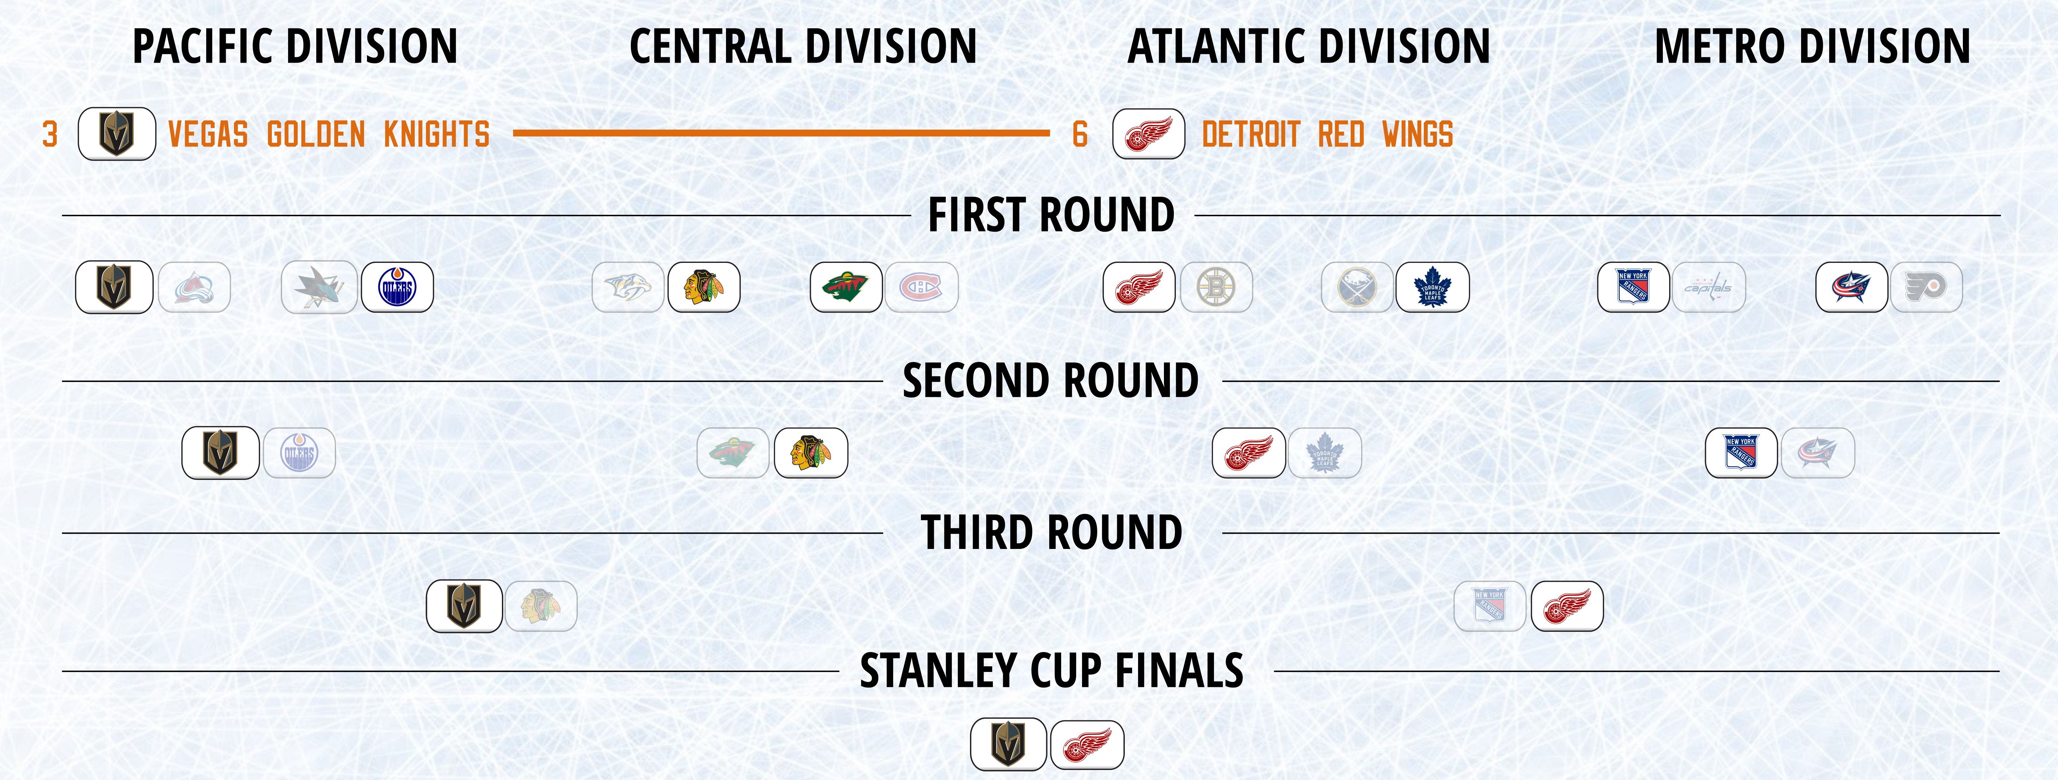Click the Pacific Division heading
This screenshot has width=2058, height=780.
[x=295, y=46]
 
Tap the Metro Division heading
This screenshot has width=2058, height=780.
[x=1812, y=46]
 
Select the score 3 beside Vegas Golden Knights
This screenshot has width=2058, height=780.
[x=49, y=134]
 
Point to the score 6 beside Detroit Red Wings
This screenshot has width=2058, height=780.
[x=1080, y=134]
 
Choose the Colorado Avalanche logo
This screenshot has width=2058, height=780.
[x=194, y=287]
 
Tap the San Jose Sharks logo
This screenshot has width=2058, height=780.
[x=319, y=287]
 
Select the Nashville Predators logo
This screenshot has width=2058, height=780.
[x=628, y=287]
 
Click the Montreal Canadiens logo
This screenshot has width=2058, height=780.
[x=921, y=287]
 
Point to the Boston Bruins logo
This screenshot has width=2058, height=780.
[x=1216, y=287]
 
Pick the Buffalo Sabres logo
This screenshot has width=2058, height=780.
[x=1357, y=287]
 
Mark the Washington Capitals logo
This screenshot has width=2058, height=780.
[x=1709, y=287]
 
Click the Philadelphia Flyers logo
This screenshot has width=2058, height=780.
[x=1926, y=287]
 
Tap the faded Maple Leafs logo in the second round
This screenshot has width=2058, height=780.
[x=1325, y=453]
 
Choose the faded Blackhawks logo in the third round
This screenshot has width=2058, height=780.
[x=541, y=606]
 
